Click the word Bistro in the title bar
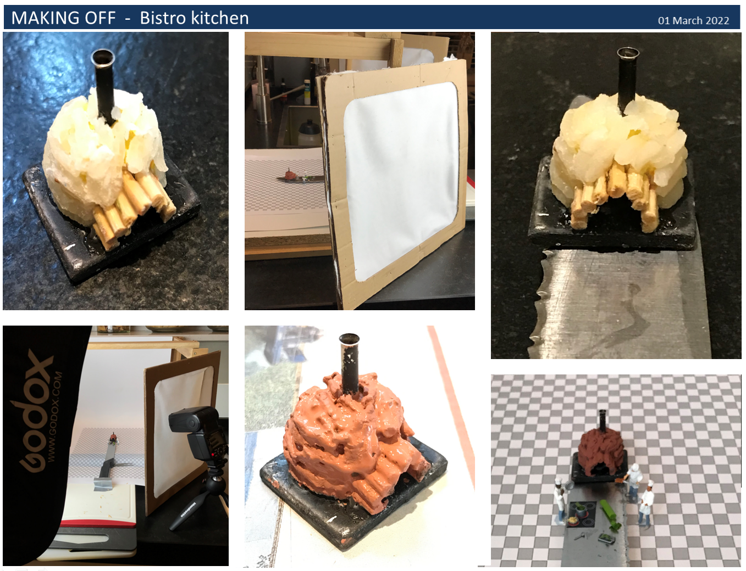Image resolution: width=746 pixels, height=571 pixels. (x=165, y=18)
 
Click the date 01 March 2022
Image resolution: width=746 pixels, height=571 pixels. (x=693, y=20)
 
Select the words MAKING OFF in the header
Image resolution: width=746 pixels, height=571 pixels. (x=64, y=18)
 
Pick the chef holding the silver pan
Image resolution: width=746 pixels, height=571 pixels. (x=560, y=500)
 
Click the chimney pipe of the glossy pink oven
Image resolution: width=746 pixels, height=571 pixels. (x=350, y=364)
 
